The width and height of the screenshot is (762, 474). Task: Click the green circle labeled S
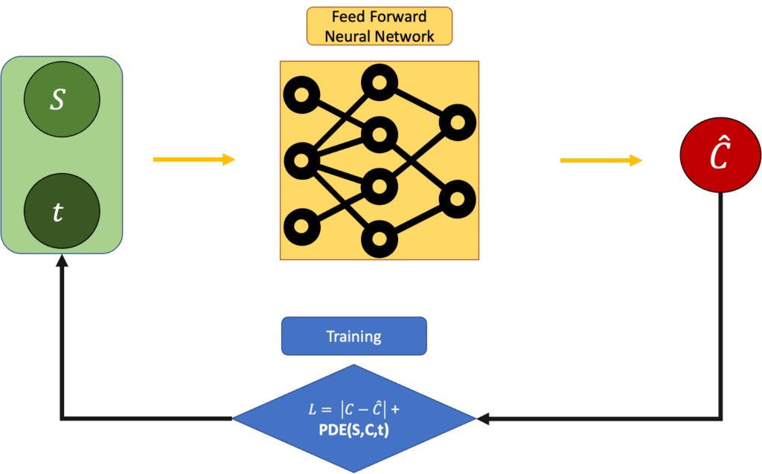pos(62,100)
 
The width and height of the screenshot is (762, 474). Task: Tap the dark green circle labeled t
pos(62,212)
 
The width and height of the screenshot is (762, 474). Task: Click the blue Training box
pos(353,337)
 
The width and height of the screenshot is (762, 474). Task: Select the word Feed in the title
pos(347,17)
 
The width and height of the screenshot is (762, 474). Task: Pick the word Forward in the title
pos(399,17)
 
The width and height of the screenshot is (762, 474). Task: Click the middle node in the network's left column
pos(302,159)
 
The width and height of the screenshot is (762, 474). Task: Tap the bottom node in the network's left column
pos(302,225)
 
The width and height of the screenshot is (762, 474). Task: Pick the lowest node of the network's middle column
pos(380,240)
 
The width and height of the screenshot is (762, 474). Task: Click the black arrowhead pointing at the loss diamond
pos(482,421)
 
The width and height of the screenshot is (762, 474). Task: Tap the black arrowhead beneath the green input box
pos(61,265)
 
